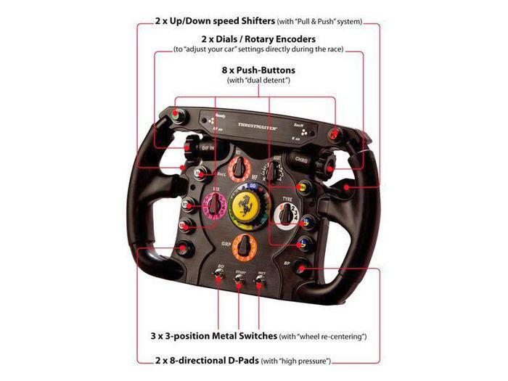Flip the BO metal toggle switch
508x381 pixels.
click(x=220, y=281)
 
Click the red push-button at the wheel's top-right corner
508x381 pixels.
click(x=334, y=134)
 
